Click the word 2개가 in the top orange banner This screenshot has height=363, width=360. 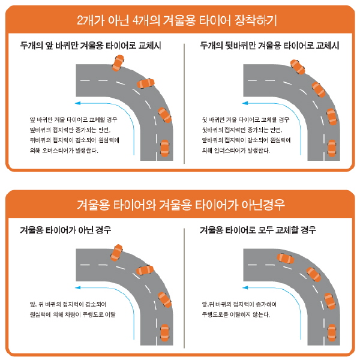coord(91,20)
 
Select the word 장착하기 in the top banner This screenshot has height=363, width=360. coord(256,20)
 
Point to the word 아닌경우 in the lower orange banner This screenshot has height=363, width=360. coord(263,205)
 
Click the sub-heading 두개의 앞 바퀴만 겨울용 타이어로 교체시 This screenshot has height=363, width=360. coord(91,46)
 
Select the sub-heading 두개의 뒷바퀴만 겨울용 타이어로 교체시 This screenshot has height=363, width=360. coord(270,46)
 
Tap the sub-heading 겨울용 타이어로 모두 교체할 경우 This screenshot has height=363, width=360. coord(258,230)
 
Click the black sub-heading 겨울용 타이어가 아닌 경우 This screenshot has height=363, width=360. coord(65,230)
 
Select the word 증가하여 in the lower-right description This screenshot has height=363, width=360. coord(266,304)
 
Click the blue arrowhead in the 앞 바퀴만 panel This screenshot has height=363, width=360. coord(78,103)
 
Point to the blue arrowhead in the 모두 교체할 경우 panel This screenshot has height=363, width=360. coord(245,288)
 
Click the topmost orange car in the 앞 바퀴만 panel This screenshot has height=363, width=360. coord(118,63)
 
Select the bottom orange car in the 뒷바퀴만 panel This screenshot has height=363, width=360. coord(332,148)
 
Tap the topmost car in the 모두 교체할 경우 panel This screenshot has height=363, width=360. coord(286,259)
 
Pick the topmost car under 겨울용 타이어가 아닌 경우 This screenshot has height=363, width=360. coord(116,253)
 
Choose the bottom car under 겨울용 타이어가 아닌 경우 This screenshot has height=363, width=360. coord(164,333)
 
